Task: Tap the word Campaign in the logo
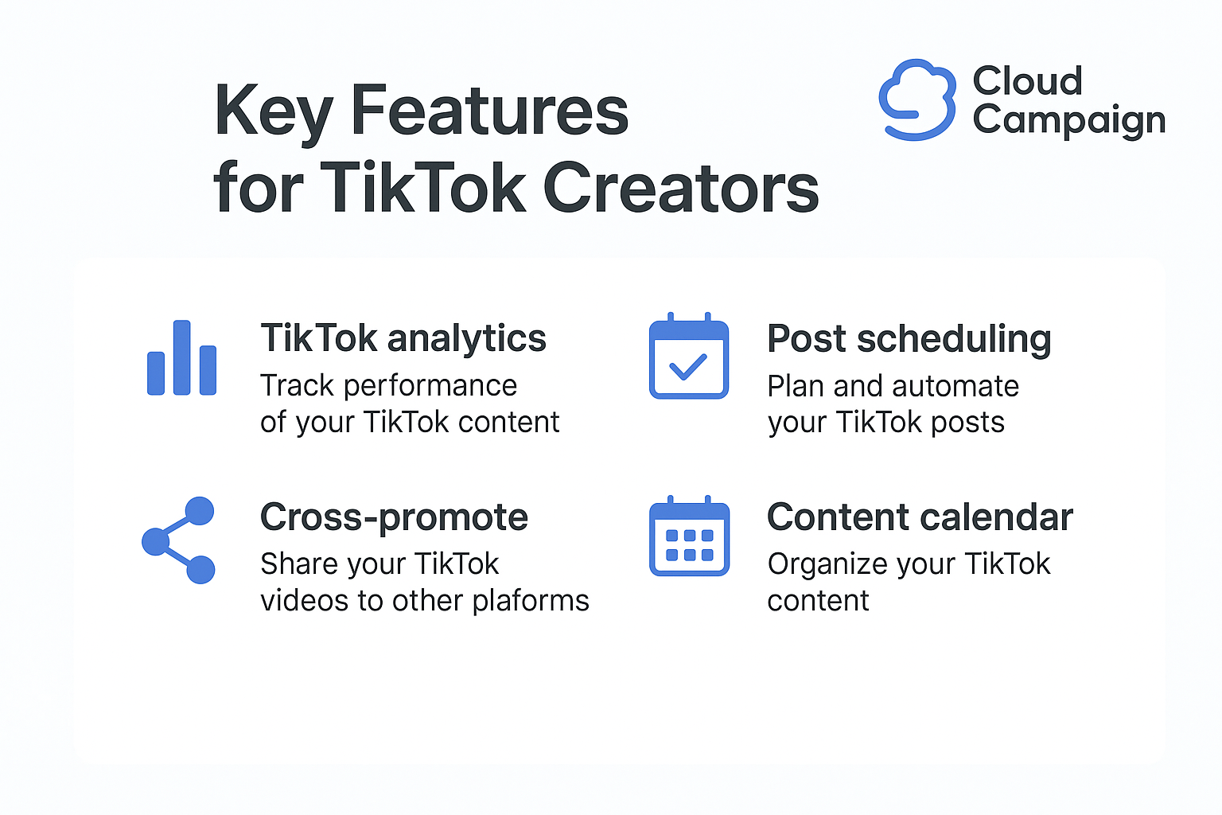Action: [x=1069, y=121]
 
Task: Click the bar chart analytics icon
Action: [x=181, y=357]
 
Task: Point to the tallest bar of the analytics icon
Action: [x=181, y=357]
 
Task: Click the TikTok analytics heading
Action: [x=403, y=338]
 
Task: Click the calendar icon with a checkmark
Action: [x=689, y=355]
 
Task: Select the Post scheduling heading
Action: [x=909, y=340]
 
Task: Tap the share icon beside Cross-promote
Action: [x=178, y=540]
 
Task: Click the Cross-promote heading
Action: [x=394, y=517]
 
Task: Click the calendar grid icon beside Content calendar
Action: [x=689, y=536]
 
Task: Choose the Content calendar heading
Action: [x=920, y=517]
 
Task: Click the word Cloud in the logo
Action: [x=1027, y=81]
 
